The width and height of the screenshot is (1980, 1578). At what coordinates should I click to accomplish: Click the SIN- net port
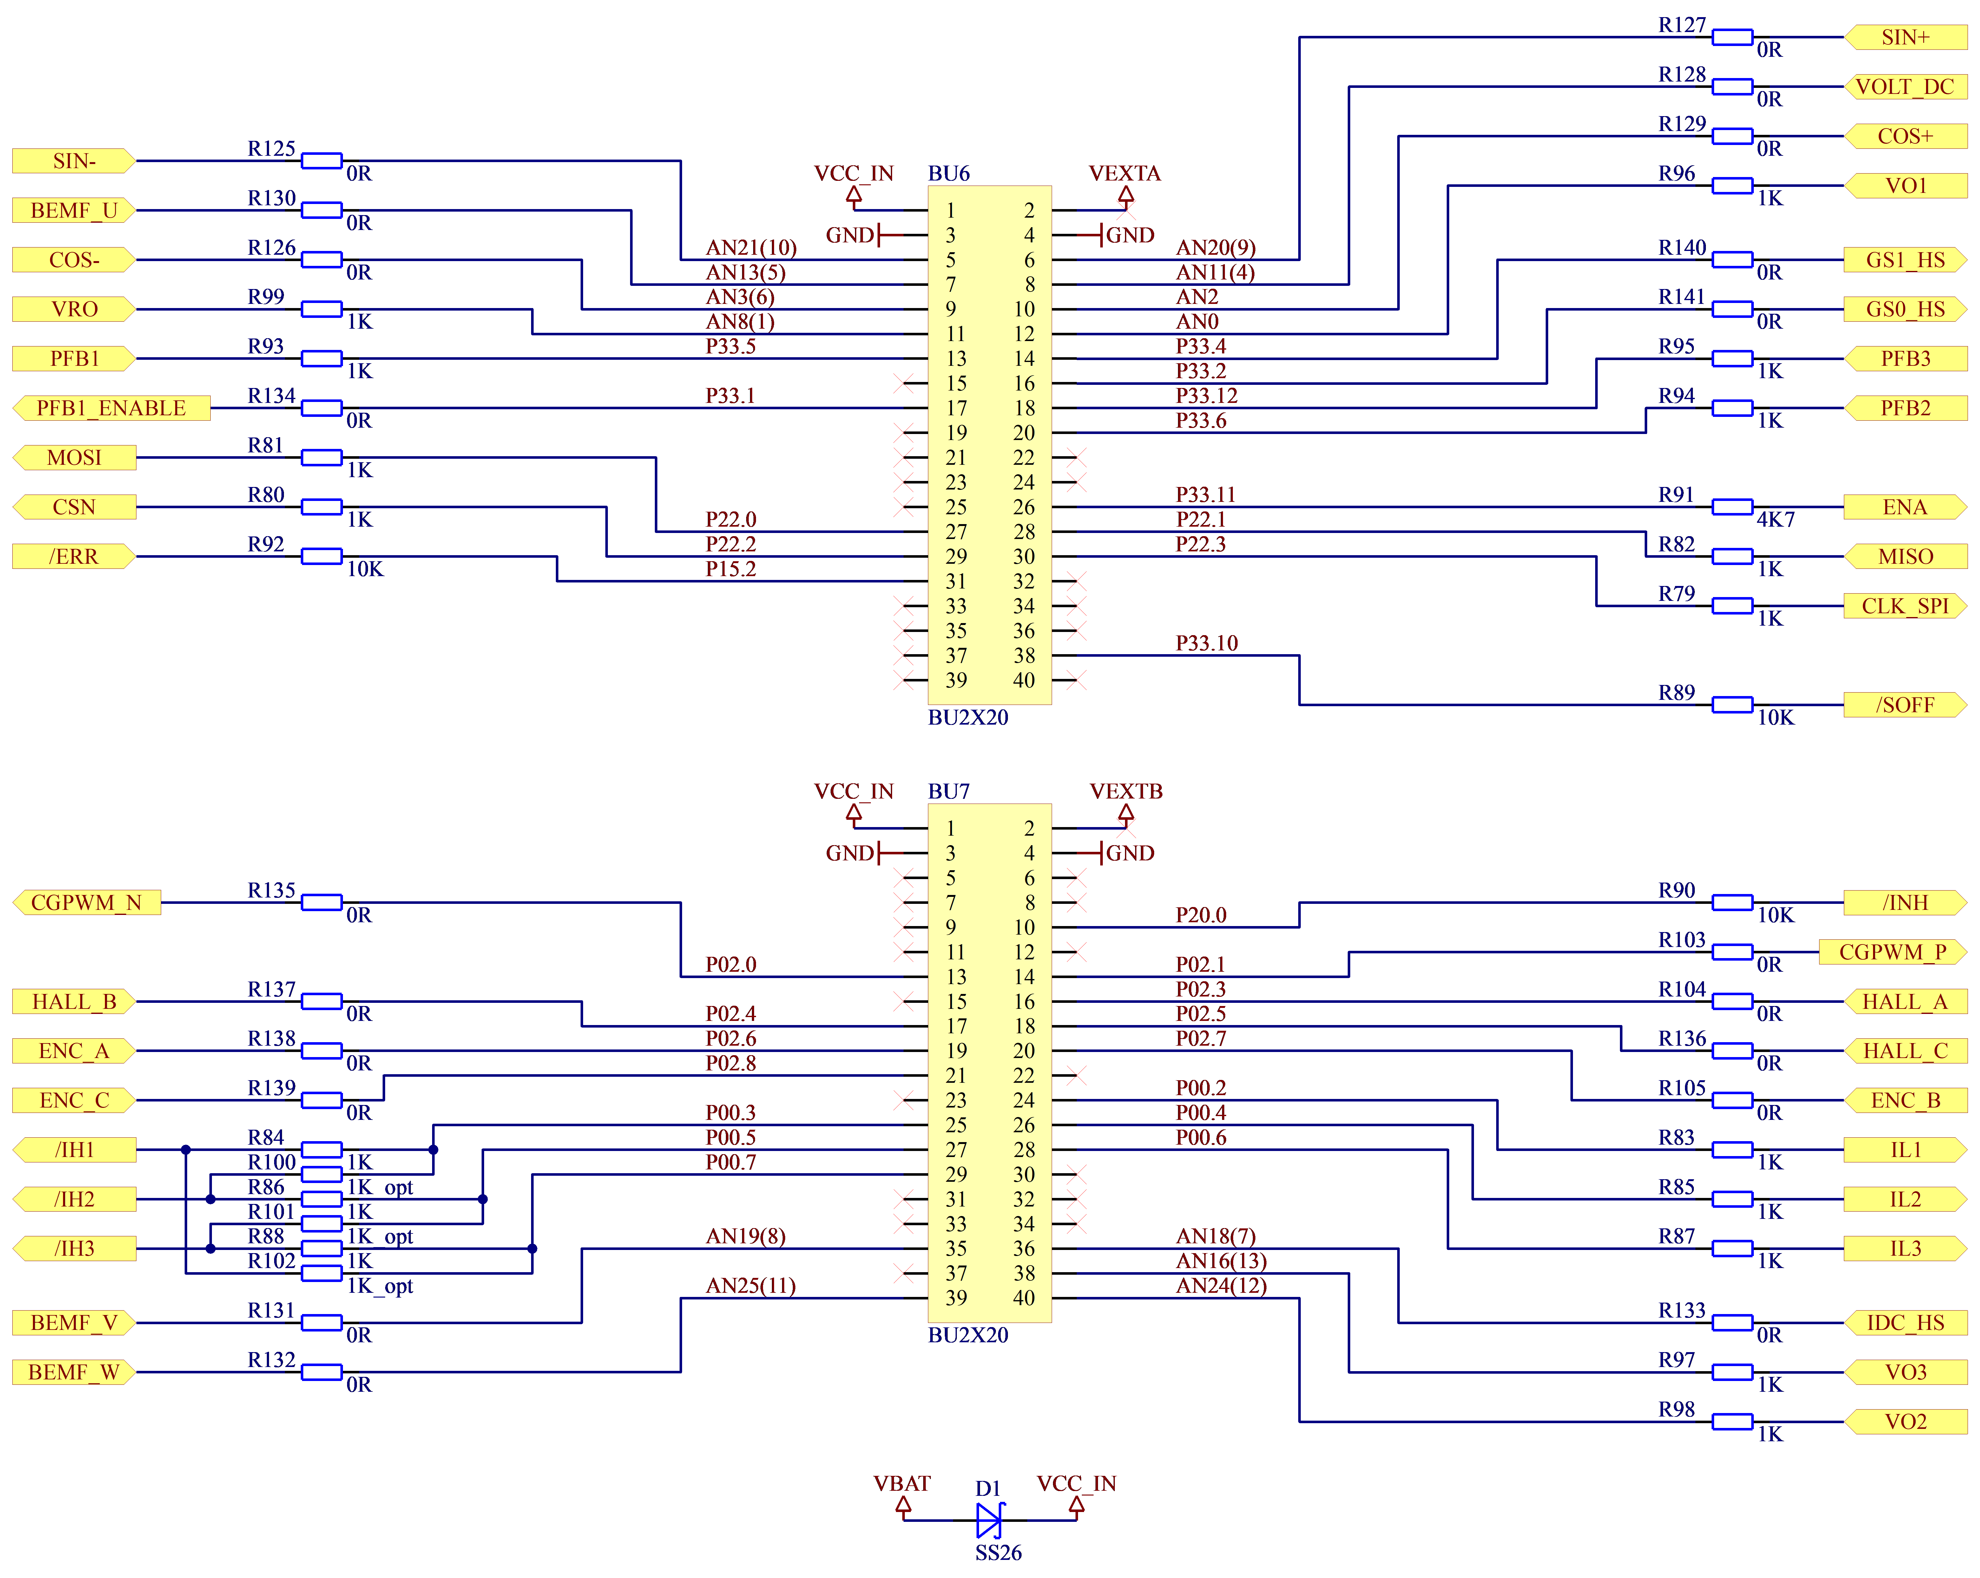pyautogui.click(x=74, y=161)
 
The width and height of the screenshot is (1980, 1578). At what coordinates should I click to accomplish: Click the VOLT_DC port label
pyautogui.click(x=1905, y=86)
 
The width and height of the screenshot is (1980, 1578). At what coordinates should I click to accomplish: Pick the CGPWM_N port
pyautogui.click(x=86, y=903)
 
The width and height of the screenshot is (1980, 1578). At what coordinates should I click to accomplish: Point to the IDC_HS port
pyautogui.click(x=1905, y=1323)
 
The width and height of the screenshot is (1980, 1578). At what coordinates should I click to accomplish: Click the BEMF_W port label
pyautogui.click(x=74, y=1372)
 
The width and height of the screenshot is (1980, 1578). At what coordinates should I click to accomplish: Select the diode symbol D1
pyautogui.click(x=989, y=1520)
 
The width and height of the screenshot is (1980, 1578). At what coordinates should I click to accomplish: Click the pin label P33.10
pyautogui.click(x=1207, y=643)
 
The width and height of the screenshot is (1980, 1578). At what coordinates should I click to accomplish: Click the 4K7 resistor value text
pyautogui.click(x=1775, y=520)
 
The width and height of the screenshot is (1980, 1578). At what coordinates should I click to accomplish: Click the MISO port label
pyautogui.click(x=1905, y=557)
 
